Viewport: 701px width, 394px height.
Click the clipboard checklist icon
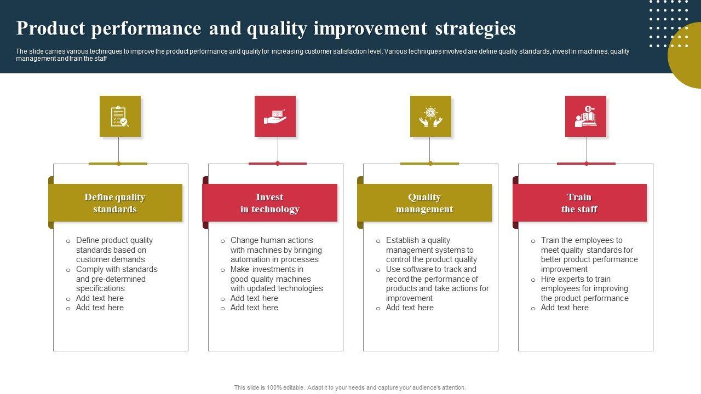point(120,117)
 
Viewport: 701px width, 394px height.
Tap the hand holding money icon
point(275,117)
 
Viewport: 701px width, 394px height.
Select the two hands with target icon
point(430,117)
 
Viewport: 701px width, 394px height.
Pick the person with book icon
point(585,117)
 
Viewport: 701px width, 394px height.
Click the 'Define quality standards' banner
point(115,202)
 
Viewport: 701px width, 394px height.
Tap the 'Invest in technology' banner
point(270,202)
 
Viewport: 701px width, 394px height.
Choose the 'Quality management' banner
point(424,202)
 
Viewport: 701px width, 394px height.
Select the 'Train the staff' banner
point(579,202)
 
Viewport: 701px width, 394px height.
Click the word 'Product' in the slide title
point(51,28)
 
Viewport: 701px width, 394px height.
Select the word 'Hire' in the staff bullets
point(548,279)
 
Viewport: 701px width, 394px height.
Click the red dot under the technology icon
point(278,164)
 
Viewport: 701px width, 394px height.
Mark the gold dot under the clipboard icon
point(119,164)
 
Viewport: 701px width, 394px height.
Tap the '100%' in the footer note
point(274,387)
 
